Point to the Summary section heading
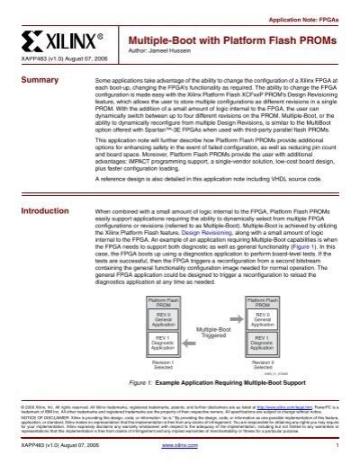tap(38, 81)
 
